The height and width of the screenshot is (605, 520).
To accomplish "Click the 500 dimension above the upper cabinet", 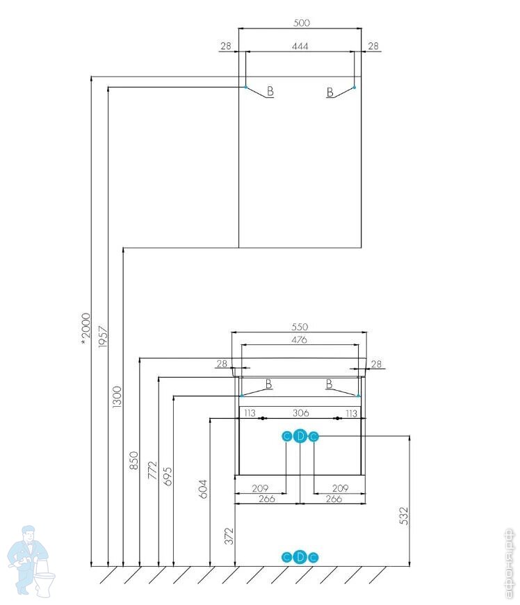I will [x=300, y=22].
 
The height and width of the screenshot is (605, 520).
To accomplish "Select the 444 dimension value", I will [x=300, y=46].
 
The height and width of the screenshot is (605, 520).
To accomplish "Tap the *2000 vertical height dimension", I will [x=86, y=327].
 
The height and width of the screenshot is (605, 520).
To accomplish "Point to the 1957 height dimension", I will [x=103, y=337].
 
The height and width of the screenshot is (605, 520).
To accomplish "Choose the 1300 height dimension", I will [x=117, y=396].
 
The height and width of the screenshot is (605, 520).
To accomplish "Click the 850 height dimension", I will [x=134, y=461].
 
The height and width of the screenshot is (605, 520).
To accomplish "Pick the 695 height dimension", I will [x=168, y=476].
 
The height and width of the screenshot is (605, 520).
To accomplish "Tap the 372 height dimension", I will [x=229, y=536].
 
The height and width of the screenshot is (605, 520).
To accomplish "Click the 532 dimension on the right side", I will [x=404, y=516].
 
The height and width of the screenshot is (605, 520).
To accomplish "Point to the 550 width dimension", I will [x=300, y=327].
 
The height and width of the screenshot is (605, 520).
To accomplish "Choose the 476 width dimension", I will [x=300, y=339].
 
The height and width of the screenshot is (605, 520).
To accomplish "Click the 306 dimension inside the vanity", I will [x=300, y=413].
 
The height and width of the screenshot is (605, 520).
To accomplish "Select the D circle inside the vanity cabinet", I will [x=300, y=436].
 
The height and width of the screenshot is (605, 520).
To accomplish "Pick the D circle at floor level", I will [x=300, y=556].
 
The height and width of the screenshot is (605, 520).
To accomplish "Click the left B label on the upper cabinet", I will [x=270, y=92].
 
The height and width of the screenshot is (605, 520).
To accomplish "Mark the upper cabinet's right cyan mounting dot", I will [x=354, y=87].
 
